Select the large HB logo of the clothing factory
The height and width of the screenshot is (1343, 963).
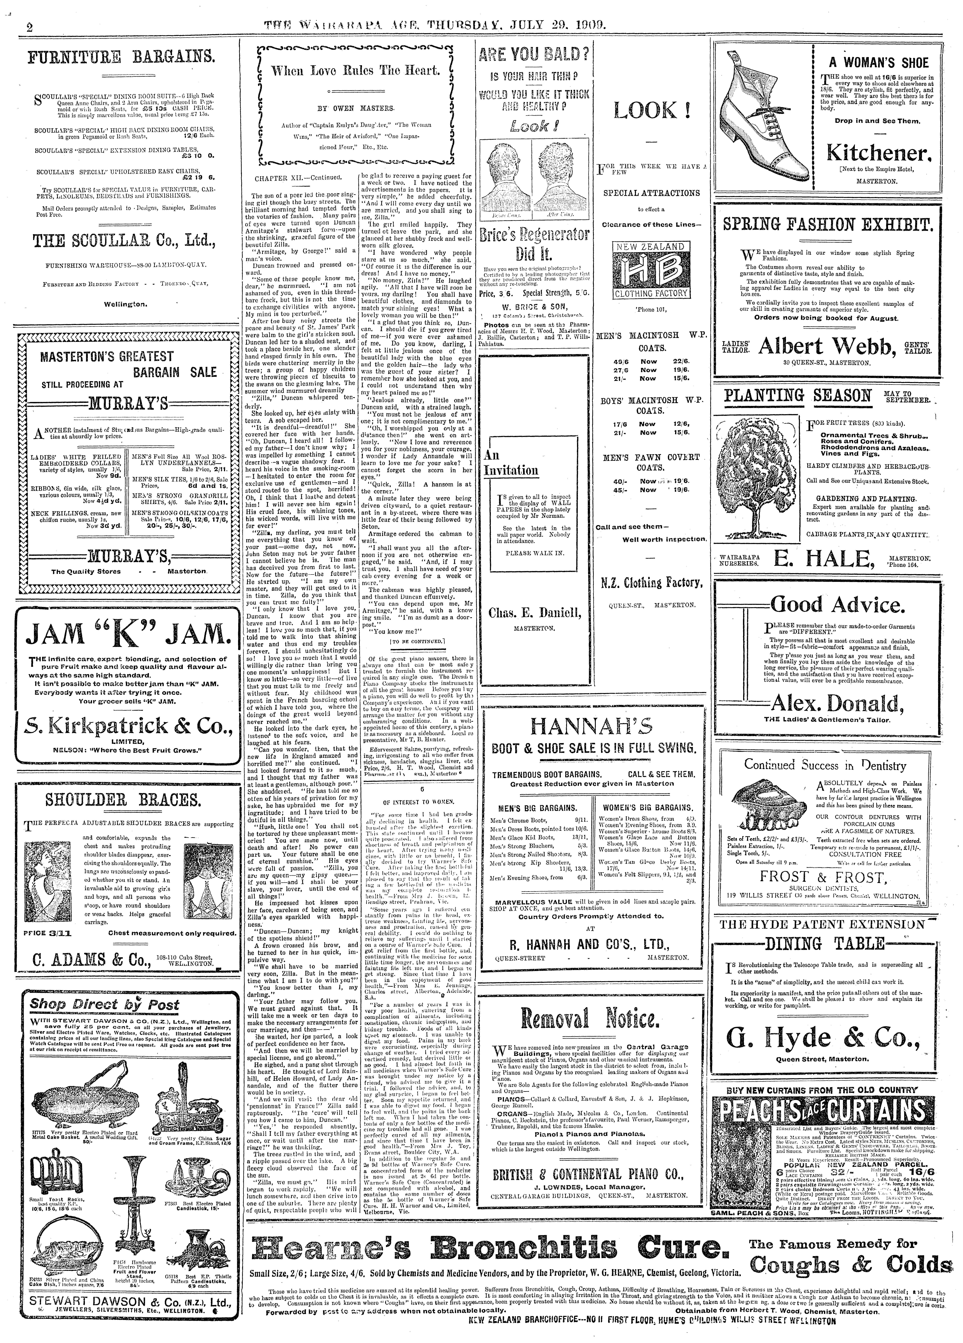(x=650, y=269)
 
